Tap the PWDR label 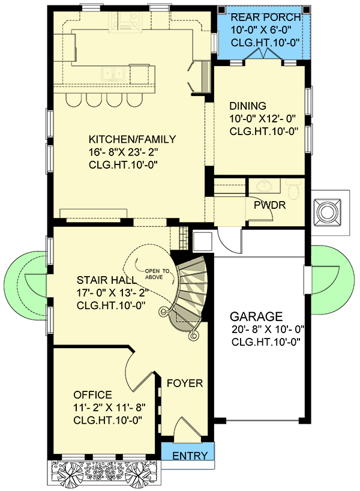tap(272, 205)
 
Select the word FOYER tap(184, 384)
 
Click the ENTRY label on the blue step tap(190, 456)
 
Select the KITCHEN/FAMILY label tap(132, 139)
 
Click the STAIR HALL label tap(106, 280)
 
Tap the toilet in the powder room tap(293, 189)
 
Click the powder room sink tap(262, 185)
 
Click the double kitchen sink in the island tap(112, 73)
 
